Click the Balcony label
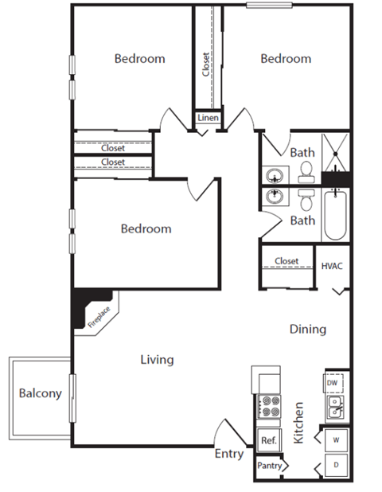coord(40,393)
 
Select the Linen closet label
coord(208,119)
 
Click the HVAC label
coord(332,266)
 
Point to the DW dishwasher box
coord(333,383)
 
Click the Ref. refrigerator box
coord(267,440)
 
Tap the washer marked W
coord(335,439)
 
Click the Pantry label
coord(269,466)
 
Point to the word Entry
coord(229,454)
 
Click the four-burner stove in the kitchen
coord(269,407)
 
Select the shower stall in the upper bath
coord(335,149)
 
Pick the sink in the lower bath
coord(276,197)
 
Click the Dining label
coord(307,329)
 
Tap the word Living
coord(157,360)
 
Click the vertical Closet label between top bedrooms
coord(207,64)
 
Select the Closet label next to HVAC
coord(286,261)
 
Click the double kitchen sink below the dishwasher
coord(334,408)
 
